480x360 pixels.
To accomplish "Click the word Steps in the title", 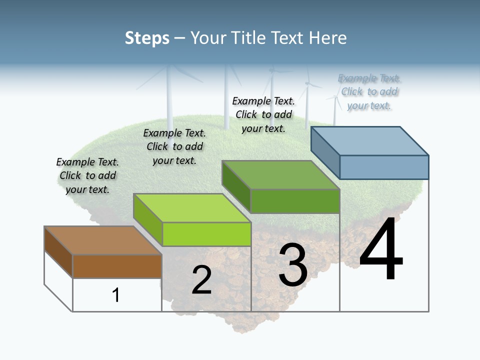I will (146, 38).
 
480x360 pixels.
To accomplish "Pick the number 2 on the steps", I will (201, 280).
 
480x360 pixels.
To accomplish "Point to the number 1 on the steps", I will (115, 295).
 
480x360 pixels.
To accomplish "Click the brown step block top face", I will (102, 240).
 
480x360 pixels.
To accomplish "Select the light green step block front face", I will (206, 234).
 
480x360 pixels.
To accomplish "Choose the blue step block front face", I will (384, 167).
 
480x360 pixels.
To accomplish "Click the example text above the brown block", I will (87, 175).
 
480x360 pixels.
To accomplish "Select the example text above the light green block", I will (174, 146).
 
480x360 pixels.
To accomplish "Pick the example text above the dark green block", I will (263, 114).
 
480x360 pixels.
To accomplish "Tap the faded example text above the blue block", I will (369, 92).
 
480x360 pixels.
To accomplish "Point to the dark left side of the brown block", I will (58, 252).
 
